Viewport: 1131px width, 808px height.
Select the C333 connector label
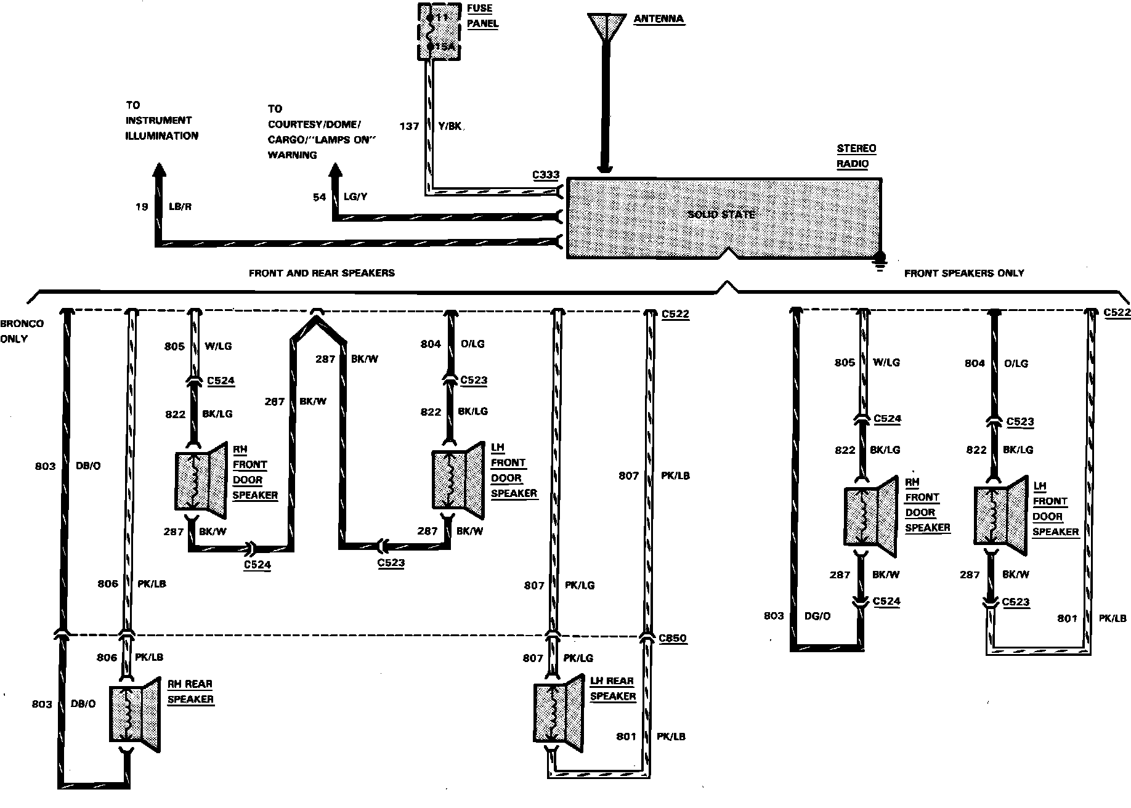point(546,175)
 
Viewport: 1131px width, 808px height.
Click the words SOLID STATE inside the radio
point(721,214)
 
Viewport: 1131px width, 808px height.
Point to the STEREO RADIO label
point(856,156)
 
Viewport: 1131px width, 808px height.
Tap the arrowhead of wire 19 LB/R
point(160,171)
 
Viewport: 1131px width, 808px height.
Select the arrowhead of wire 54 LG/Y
point(336,171)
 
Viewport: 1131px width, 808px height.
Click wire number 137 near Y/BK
point(409,126)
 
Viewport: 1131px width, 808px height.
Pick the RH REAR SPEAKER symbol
point(134,713)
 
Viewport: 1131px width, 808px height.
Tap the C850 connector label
point(673,639)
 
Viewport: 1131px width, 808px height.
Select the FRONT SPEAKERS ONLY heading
point(964,273)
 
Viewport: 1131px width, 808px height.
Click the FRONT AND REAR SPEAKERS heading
point(322,273)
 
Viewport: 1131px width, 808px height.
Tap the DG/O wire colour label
point(817,616)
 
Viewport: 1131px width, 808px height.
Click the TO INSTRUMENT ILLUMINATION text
point(162,121)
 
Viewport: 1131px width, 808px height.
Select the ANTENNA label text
point(659,19)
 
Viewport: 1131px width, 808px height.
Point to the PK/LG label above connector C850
point(580,585)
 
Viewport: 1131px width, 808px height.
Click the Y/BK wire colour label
point(450,126)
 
